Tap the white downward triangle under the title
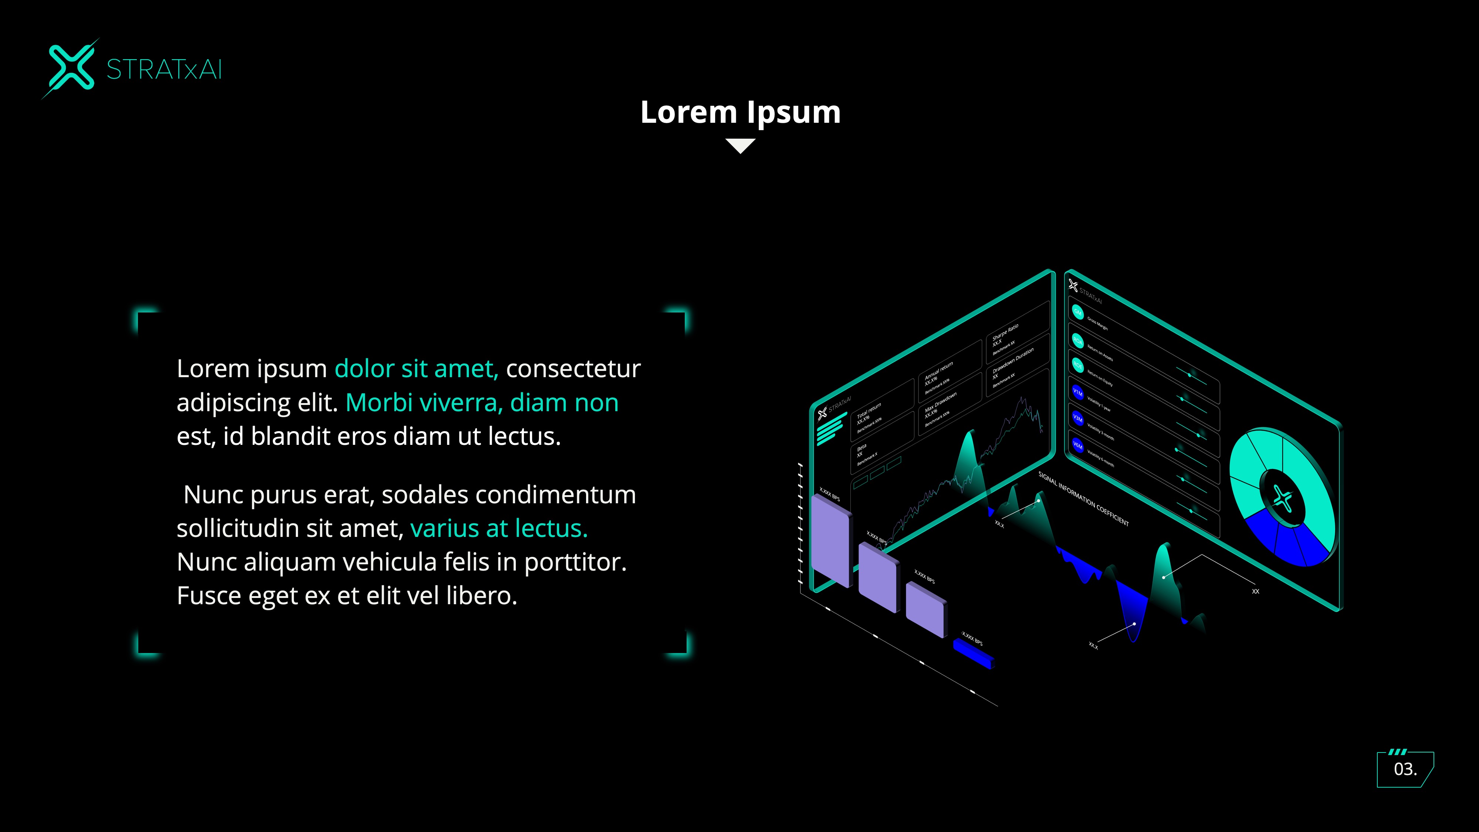pyautogui.click(x=740, y=145)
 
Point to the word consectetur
pyautogui.click(x=573, y=369)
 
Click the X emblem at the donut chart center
pyautogui.click(x=1282, y=498)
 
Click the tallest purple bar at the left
pyautogui.click(x=830, y=540)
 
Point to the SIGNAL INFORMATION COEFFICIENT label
pyautogui.click(x=1083, y=498)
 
